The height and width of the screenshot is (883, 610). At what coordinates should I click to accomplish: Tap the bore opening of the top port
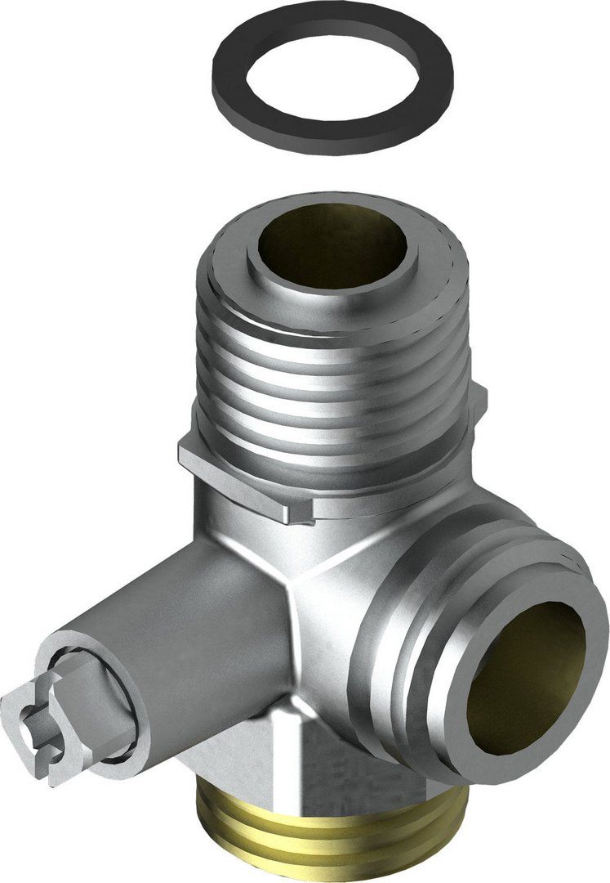335,245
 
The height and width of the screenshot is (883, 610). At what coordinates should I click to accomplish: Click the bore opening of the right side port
523,679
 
